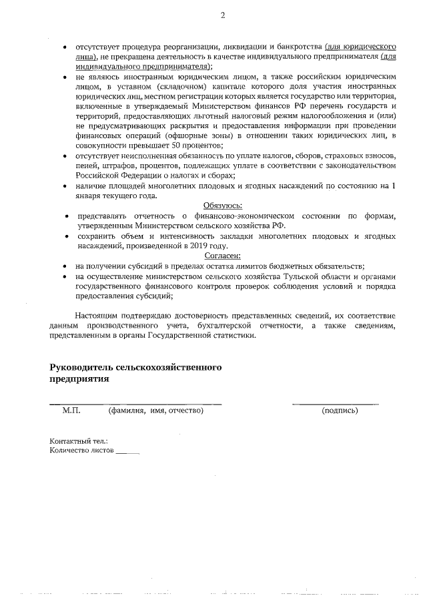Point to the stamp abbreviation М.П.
(71, 410)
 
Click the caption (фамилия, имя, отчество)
(155, 410)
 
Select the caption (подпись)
(340, 410)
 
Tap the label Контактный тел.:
(79, 441)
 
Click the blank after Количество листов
(127, 452)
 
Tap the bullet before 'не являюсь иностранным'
(64, 77)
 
